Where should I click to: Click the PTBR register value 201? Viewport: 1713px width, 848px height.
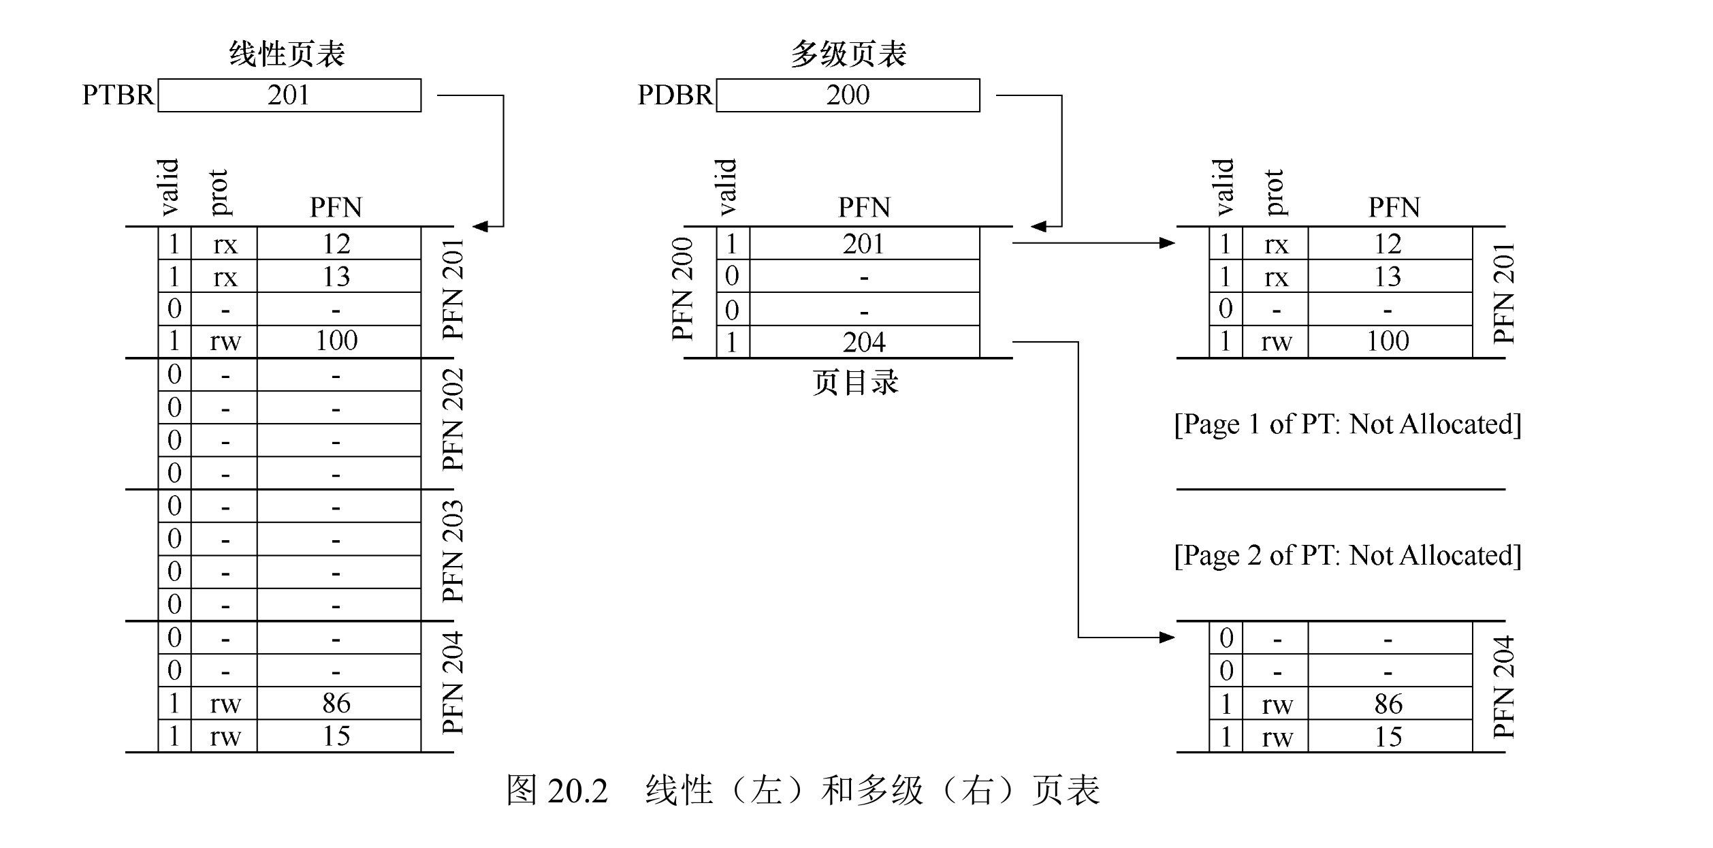point(289,95)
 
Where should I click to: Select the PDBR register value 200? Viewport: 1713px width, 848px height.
point(848,95)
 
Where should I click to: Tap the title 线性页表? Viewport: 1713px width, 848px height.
point(287,54)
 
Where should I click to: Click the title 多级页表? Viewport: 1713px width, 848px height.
point(848,54)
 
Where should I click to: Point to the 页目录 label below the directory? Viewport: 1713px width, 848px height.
point(855,383)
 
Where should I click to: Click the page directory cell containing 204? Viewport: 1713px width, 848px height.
point(864,342)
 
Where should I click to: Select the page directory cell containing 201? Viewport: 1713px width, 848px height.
point(864,244)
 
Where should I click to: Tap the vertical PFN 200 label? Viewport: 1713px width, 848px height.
point(682,289)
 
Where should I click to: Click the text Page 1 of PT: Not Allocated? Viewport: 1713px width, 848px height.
point(1347,424)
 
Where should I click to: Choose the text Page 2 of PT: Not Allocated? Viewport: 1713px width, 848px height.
point(1347,556)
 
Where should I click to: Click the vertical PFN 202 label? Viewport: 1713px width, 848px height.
point(453,420)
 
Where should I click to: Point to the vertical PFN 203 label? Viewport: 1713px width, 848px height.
point(453,551)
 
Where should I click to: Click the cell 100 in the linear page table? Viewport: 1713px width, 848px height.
point(336,341)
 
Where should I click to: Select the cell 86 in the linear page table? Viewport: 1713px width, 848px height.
point(336,703)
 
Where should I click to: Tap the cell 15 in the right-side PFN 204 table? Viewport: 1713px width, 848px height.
point(1388,736)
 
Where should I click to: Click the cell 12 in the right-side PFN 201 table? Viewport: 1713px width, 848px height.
point(1388,244)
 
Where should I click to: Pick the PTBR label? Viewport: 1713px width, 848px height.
point(118,95)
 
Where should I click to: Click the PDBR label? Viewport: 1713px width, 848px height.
point(675,95)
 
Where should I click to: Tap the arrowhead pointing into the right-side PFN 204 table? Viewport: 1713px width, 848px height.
point(1167,638)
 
